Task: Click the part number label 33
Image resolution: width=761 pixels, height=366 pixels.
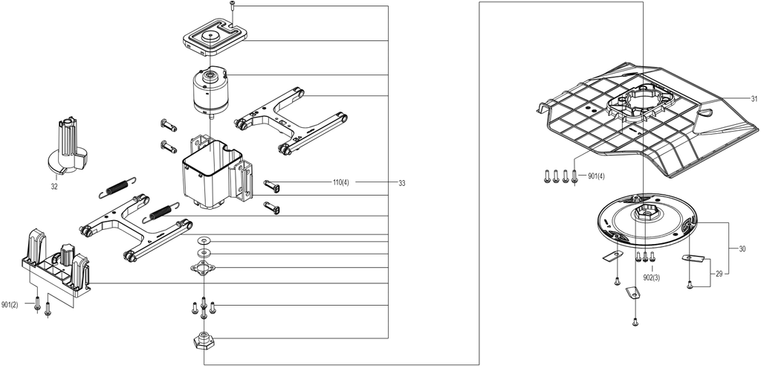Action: pyautogui.click(x=401, y=183)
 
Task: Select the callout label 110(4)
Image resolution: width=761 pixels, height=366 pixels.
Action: pyautogui.click(x=340, y=183)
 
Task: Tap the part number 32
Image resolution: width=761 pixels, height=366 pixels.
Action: pyautogui.click(x=54, y=186)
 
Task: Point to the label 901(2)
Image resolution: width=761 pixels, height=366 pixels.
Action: pyautogui.click(x=10, y=305)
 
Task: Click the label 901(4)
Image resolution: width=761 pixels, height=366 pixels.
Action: pyautogui.click(x=597, y=176)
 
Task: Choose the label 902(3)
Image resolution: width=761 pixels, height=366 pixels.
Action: pyautogui.click(x=651, y=277)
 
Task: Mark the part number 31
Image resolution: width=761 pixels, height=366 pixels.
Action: pyautogui.click(x=754, y=99)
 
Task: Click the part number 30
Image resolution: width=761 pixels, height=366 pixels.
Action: pyautogui.click(x=742, y=249)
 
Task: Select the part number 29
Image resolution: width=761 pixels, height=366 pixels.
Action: pyautogui.click(x=719, y=274)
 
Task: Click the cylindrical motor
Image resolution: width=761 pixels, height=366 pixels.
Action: pyautogui.click(x=210, y=92)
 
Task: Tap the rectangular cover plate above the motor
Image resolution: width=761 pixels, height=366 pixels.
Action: pyautogui.click(x=215, y=40)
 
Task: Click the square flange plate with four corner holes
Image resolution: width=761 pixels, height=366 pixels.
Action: pyautogui.click(x=204, y=268)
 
